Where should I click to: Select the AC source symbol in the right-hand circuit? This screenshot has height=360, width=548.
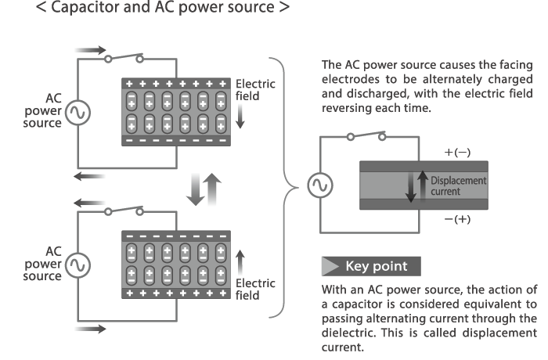click(x=320, y=185)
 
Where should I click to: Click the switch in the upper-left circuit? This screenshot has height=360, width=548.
click(x=126, y=59)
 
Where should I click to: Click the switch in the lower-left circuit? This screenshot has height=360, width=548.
click(x=126, y=211)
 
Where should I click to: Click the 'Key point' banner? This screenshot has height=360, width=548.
click(x=370, y=266)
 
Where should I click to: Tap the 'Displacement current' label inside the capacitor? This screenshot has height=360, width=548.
click(x=457, y=185)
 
